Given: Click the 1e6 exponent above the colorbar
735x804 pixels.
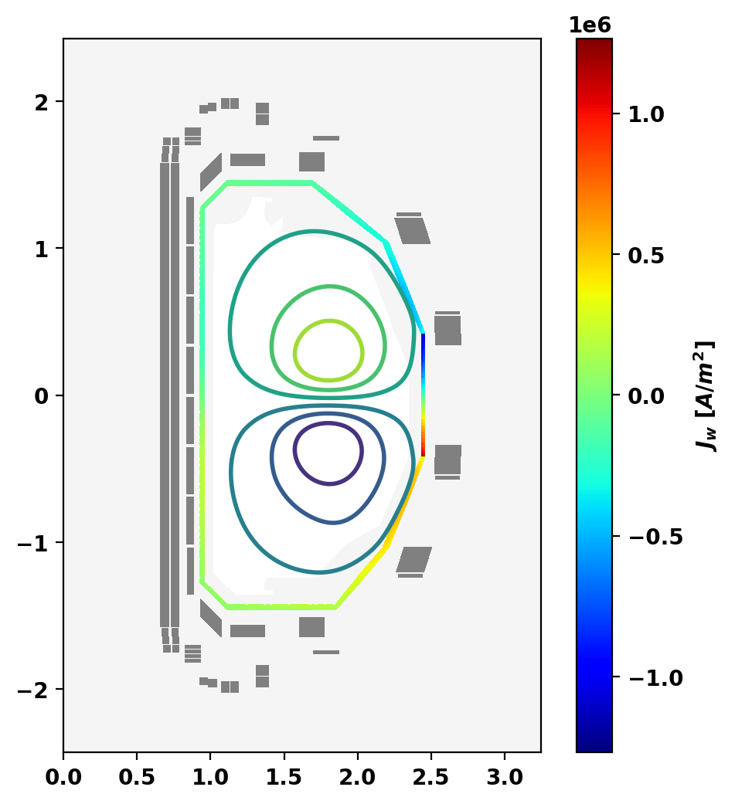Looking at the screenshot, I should [x=590, y=25].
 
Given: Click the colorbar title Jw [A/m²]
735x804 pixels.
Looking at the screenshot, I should [x=706, y=395].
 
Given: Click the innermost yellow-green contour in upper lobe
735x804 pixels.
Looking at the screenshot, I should [x=329, y=321].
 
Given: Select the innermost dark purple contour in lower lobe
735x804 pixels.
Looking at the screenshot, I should [x=329, y=424].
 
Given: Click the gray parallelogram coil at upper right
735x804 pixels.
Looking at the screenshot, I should [x=413, y=230].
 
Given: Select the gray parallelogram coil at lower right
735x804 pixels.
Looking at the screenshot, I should [x=413, y=558].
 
